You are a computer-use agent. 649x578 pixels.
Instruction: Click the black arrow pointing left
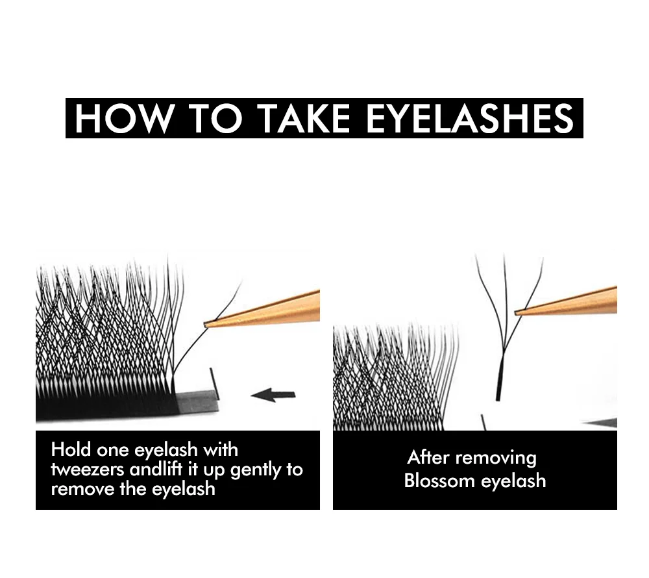[273, 394]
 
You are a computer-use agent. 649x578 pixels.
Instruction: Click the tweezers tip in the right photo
[518, 312]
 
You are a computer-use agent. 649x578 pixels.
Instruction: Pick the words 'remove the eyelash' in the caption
[132, 488]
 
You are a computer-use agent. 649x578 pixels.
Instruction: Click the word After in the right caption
[428, 457]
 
